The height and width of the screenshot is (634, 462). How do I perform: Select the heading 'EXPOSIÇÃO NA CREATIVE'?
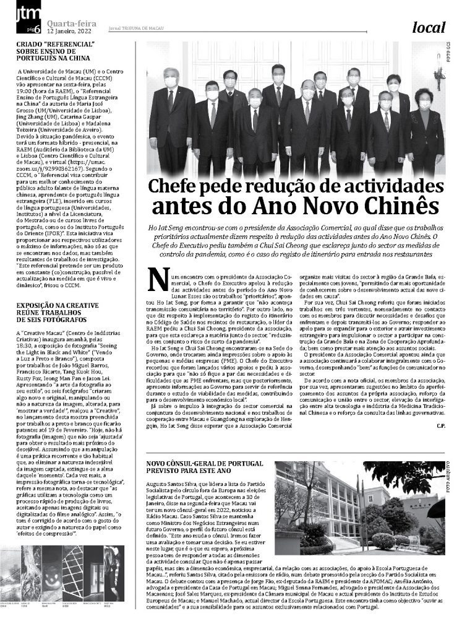point(57,305)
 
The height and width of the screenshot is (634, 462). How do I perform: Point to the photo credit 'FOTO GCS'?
point(450,57)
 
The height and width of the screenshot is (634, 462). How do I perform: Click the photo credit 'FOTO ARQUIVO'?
point(450,480)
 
